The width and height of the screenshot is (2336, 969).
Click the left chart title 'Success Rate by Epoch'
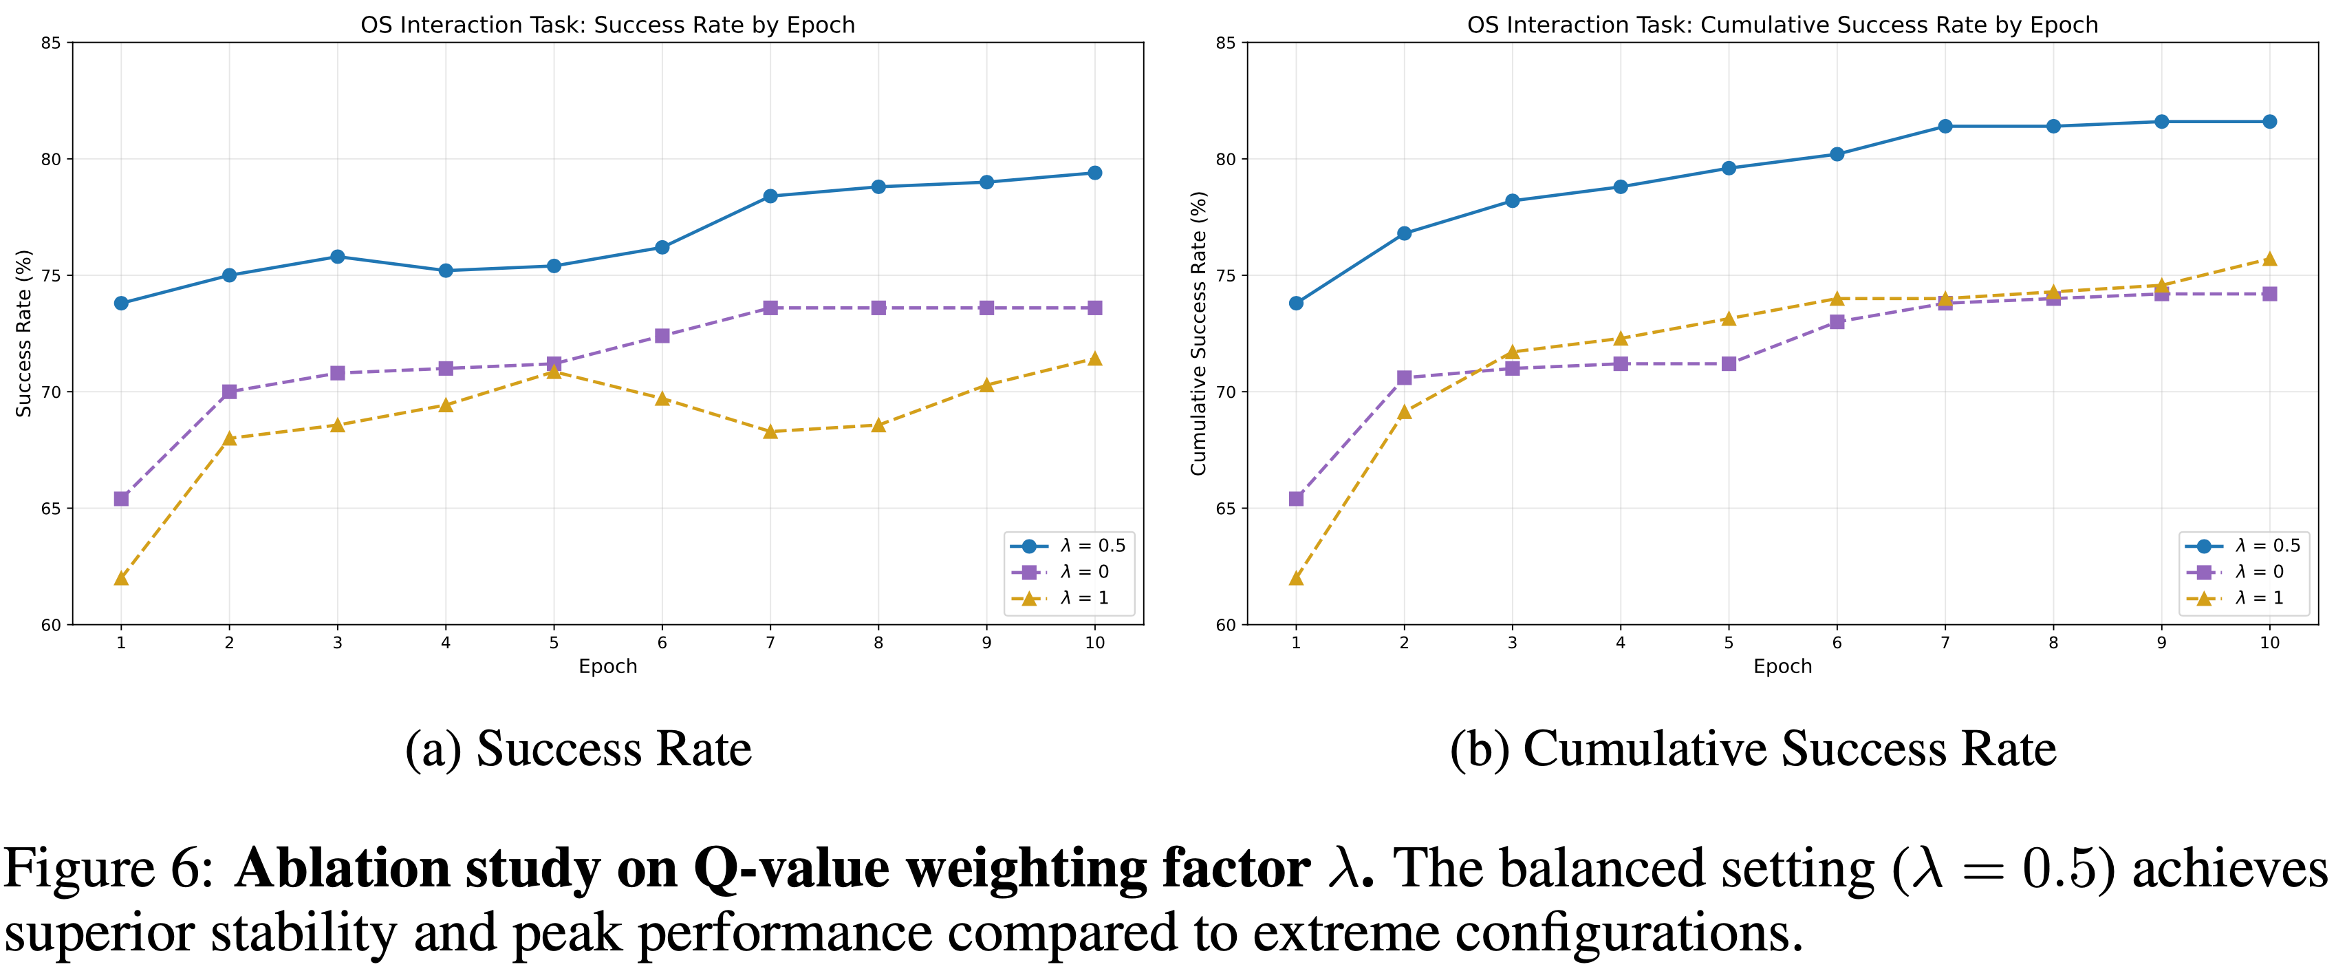click(607, 25)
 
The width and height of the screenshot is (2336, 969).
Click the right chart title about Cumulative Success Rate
click(1782, 25)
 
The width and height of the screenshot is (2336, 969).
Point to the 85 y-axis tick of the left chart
click(51, 43)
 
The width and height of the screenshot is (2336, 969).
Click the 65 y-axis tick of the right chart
click(1225, 508)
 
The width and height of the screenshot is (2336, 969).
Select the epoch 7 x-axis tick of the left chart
click(770, 642)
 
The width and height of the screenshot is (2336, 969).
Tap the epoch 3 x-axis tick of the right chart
click(1512, 642)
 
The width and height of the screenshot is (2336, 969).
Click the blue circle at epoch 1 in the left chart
click(120, 303)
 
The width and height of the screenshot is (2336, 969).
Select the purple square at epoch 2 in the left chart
click(230, 392)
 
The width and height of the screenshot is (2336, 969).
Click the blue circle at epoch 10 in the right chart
click(2269, 122)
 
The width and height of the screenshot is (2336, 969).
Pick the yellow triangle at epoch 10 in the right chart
click(2269, 259)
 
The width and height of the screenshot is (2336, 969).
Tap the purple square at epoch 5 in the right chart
click(1729, 364)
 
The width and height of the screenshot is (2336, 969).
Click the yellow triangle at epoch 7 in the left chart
click(770, 432)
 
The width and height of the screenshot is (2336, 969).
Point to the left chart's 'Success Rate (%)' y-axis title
click(23, 333)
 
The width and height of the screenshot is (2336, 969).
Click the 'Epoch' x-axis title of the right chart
click(1782, 666)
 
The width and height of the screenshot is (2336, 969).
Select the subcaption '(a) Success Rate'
click(578, 749)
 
